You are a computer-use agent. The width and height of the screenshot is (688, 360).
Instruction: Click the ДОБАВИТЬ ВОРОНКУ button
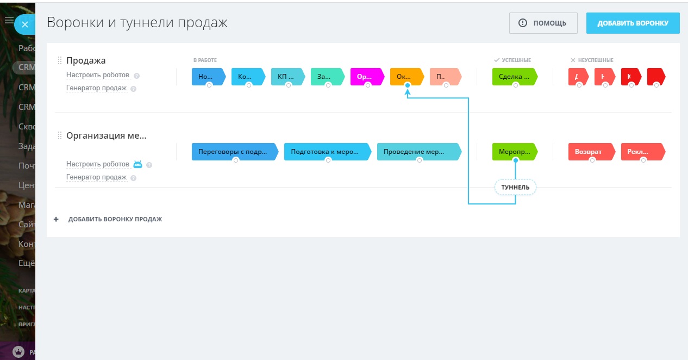coord(633,23)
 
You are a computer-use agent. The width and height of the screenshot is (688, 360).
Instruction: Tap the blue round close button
coord(25,24)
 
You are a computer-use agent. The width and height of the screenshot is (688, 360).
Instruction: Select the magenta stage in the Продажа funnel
coord(366,77)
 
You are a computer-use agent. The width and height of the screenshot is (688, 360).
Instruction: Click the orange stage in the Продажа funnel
coord(406,77)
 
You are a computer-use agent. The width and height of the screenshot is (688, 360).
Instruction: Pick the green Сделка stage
coord(514,77)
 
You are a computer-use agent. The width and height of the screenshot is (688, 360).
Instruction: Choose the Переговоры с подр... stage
coord(234,151)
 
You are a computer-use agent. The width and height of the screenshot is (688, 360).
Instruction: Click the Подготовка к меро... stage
coord(327,151)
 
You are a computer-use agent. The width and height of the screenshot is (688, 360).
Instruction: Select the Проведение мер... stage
coord(418,151)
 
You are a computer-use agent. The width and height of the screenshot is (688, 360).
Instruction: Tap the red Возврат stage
coord(591,151)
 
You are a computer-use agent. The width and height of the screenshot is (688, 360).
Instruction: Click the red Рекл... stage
coord(642,151)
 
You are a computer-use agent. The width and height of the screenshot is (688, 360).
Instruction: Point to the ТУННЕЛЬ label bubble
coord(515,188)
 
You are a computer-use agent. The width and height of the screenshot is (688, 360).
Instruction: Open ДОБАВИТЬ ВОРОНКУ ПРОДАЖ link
coord(115,219)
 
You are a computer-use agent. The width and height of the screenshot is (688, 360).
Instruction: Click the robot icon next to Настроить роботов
coord(138,164)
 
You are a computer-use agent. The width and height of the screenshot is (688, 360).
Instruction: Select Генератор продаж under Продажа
coord(97,88)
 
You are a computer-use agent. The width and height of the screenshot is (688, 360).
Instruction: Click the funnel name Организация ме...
coord(107,136)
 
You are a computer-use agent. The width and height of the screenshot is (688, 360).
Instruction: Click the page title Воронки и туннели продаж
coord(137,23)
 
